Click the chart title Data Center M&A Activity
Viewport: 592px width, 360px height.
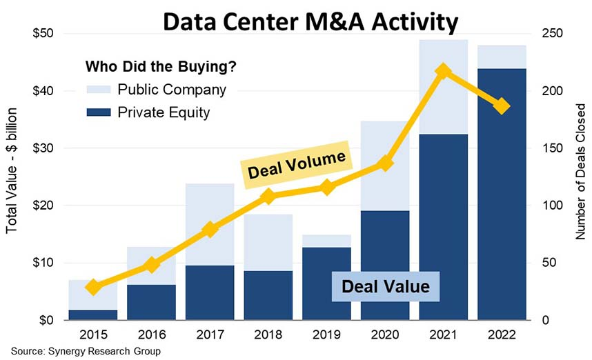(x=309, y=22)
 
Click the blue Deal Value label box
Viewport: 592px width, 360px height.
(x=385, y=286)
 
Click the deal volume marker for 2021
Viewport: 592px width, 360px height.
(x=444, y=72)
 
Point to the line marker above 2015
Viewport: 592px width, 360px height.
(x=93, y=287)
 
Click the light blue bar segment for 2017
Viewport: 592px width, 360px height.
(x=210, y=224)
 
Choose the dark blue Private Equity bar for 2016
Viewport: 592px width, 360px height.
(x=152, y=302)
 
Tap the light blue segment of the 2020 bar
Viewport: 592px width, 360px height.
(x=385, y=166)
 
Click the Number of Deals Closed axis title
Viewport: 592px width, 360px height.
(x=580, y=172)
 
